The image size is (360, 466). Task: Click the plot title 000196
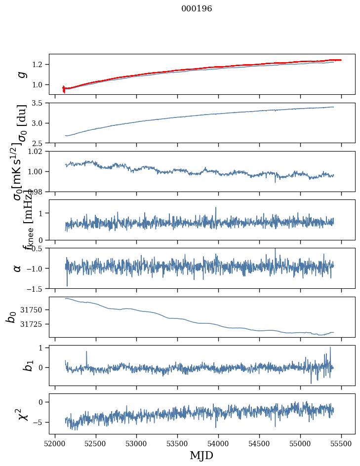pyautogui.click(x=197, y=9)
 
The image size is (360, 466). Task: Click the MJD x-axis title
pyautogui.click(x=201, y=456)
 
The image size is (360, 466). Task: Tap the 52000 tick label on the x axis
pyautogui.click(x=55, y=443)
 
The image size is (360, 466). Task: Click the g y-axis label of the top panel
pyautogui.click(x=21, y=74)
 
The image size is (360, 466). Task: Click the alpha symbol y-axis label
pyautogui.click(x=18, y=268)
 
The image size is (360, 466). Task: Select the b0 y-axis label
pyautogui.click(x=11, y=317)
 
